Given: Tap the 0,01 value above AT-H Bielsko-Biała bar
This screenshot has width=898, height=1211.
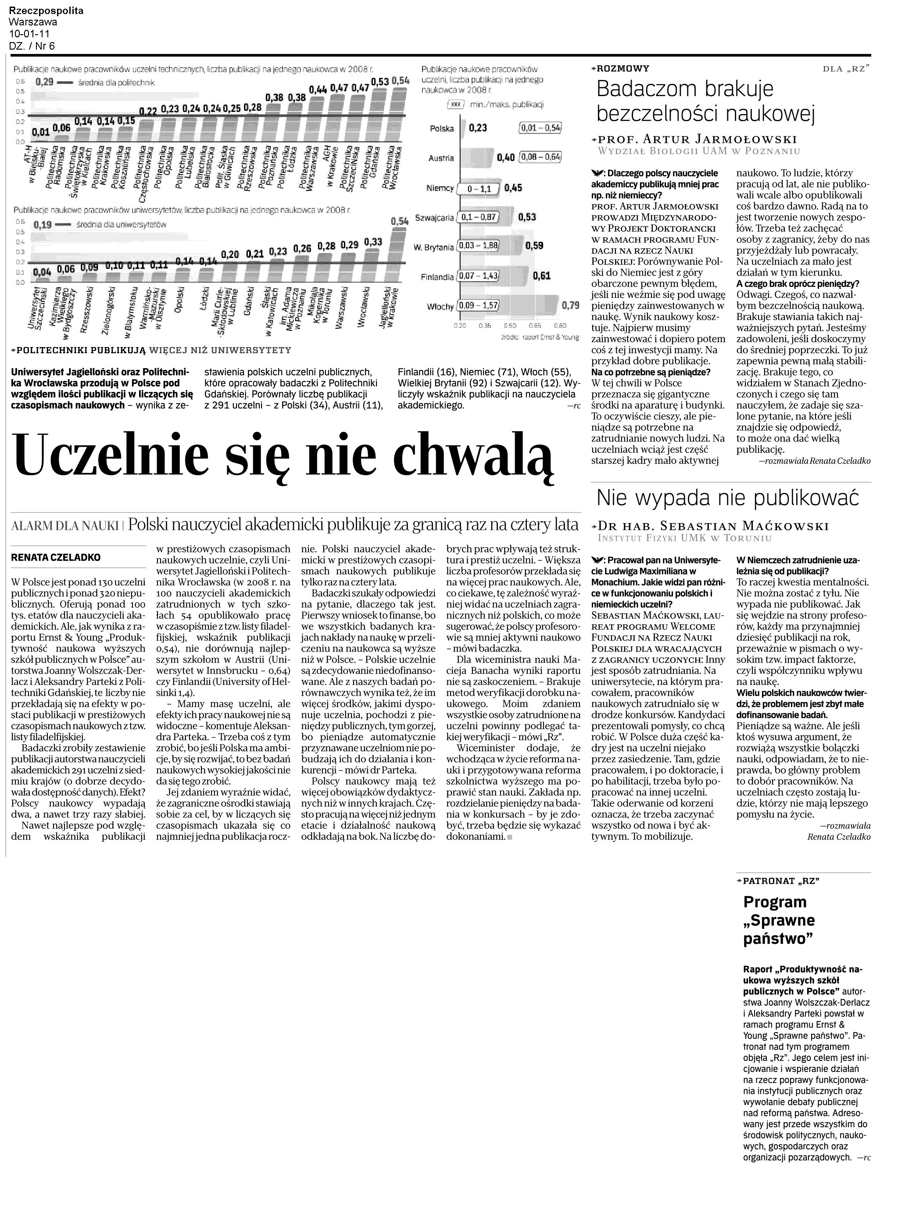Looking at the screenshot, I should click(40, 132).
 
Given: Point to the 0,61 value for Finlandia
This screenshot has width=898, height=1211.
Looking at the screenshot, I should click(541, 276).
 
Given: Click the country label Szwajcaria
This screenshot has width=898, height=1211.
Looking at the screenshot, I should click(434, 218).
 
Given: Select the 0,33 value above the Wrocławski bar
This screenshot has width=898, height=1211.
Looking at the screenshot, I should click(373, 242).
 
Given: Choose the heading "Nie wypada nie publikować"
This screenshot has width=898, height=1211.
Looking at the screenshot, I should click(728, 498).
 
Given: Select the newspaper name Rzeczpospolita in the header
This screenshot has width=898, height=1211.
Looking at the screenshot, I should click(46, 11).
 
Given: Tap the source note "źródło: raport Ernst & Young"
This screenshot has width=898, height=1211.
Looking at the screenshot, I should click(532, 337).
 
